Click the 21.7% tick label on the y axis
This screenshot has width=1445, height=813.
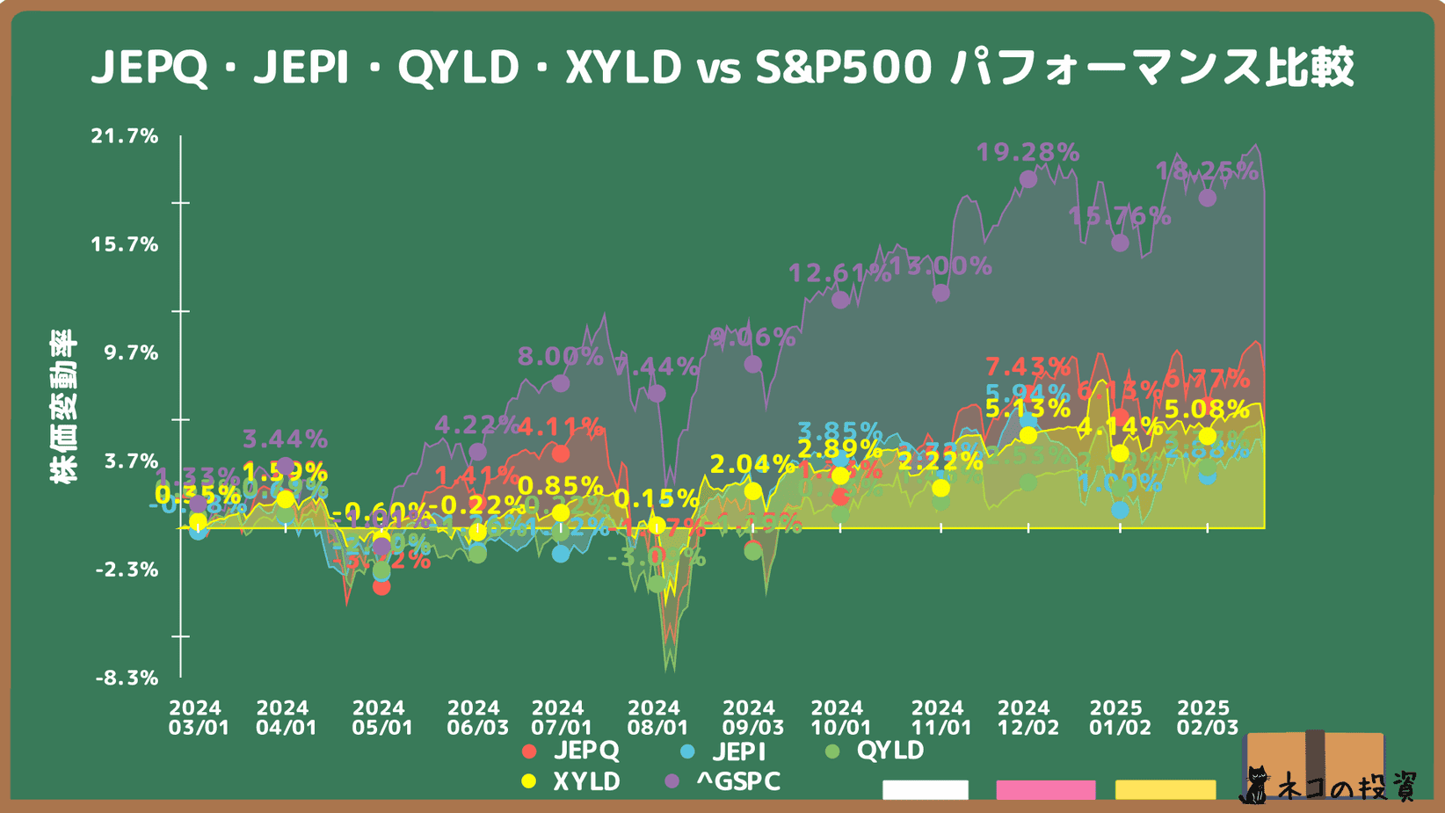pos(124,136)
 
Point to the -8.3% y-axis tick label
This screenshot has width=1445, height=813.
pos(127,678)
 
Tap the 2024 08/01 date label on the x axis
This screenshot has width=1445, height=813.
pos(654,717)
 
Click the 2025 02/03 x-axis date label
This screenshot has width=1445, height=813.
pos(1206,717)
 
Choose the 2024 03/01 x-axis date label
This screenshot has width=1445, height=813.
pos(197,717)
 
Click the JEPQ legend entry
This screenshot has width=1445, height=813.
pos(572,751)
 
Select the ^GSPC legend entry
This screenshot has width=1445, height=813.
pos(724,781)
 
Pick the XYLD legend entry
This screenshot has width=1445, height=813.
pos(572,781)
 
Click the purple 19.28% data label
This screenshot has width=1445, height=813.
pos(1027,153)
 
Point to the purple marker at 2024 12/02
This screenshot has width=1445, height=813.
pos(1027,179)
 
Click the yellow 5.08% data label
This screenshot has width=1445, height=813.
pos(1207,410)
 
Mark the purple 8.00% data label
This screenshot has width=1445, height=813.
pos(560,357)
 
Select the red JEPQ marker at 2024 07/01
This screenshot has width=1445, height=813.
pos(560,454)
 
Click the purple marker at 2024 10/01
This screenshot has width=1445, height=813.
pos(840,300)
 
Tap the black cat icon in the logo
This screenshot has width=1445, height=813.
pos(1255,786)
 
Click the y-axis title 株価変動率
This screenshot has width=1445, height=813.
pos(63,406)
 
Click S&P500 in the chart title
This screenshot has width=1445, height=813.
pos(843,68)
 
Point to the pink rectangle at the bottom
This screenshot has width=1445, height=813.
pos(1045,789)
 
